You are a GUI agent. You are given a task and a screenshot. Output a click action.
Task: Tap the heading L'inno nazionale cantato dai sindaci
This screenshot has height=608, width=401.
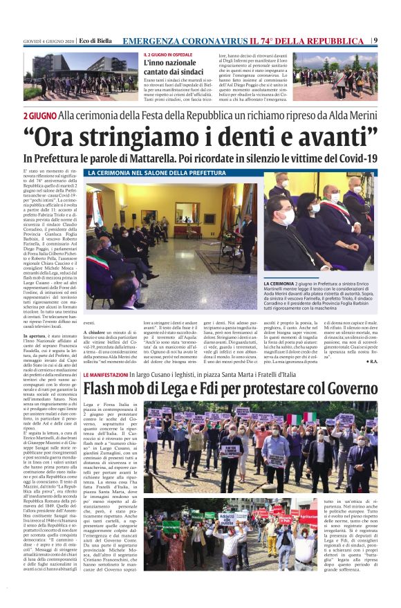(x=174, y=67)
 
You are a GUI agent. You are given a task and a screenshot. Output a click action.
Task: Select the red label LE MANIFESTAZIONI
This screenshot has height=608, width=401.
(x=104, y=374)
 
